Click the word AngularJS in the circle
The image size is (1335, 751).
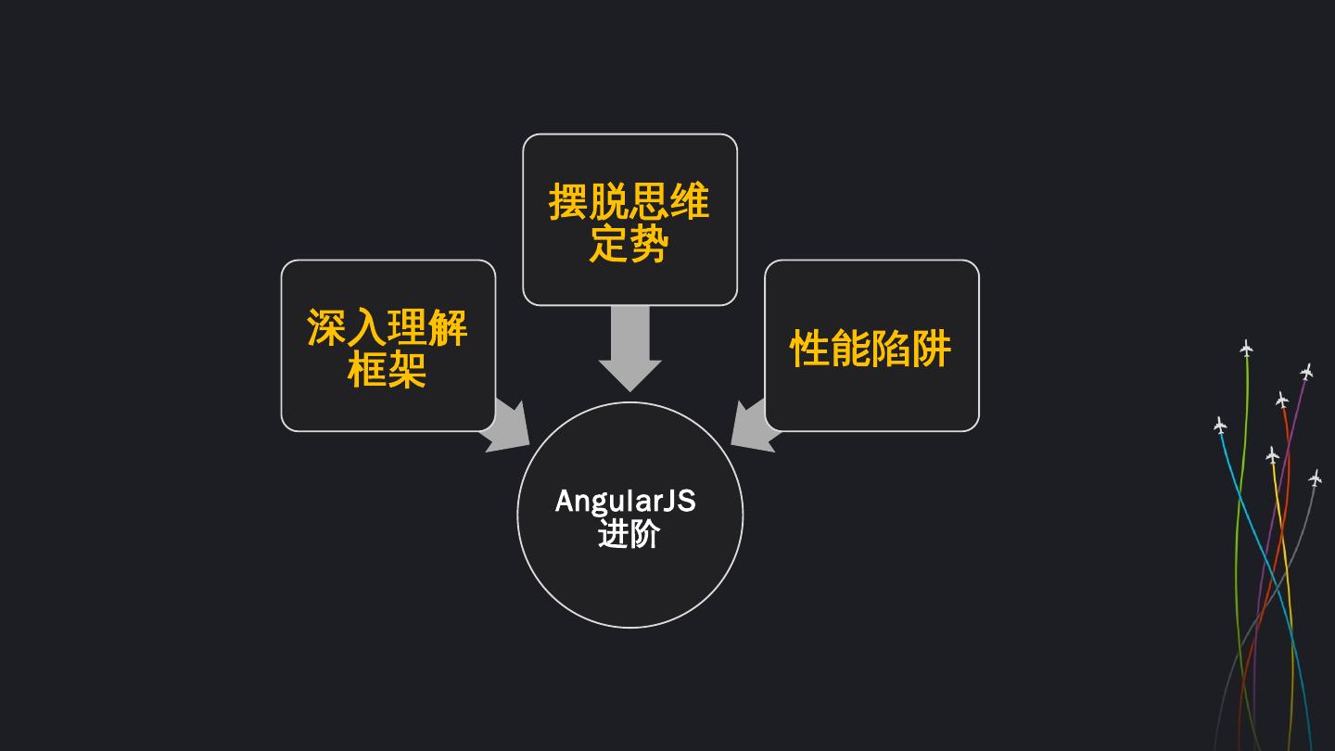(x=625, y=502)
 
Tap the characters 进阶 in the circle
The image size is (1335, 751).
(x=629, y=534)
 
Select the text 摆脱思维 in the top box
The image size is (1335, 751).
(x=629, y=202)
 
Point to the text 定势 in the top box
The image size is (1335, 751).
(x=629, y=245)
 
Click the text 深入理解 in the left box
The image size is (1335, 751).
(x=388, y=328)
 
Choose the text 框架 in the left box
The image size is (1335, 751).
(x=388, y=370)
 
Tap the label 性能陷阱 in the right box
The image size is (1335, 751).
(x=871, y=349)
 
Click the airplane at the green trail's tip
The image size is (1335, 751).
(x=1246, y=349)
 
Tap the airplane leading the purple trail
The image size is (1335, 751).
(x=1306, y=372)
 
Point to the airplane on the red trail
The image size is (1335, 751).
(x=1281, y=400)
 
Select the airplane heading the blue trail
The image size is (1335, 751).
(x=1220, y=426)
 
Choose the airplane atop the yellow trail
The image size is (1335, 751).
(x=1272, y=454)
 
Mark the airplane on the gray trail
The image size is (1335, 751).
(x=1315, y=478)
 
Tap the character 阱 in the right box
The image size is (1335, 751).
(x=932, y=349)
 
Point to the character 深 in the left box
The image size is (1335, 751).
(x=326, y=328)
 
